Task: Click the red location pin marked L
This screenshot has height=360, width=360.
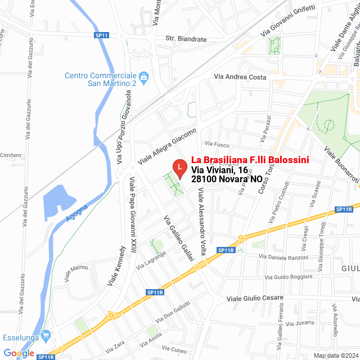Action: (179, 168)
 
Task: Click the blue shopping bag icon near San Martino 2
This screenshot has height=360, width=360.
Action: (144, 76)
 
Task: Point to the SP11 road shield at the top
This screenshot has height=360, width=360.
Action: (102, 35)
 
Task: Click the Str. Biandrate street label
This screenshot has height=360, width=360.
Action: (186, 39)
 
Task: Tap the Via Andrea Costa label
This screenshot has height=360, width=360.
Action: (240, 77)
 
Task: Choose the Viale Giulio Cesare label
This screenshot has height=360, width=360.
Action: (255, 298)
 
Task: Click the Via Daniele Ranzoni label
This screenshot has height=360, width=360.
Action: (283, 257)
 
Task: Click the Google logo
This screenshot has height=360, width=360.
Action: (19, 353)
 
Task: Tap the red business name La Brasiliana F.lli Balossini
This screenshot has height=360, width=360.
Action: (250, 160)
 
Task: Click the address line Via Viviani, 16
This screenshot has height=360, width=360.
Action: (219, 170)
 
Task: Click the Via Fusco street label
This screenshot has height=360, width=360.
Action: (217, 144)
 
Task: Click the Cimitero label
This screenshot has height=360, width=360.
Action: (10, 155)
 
